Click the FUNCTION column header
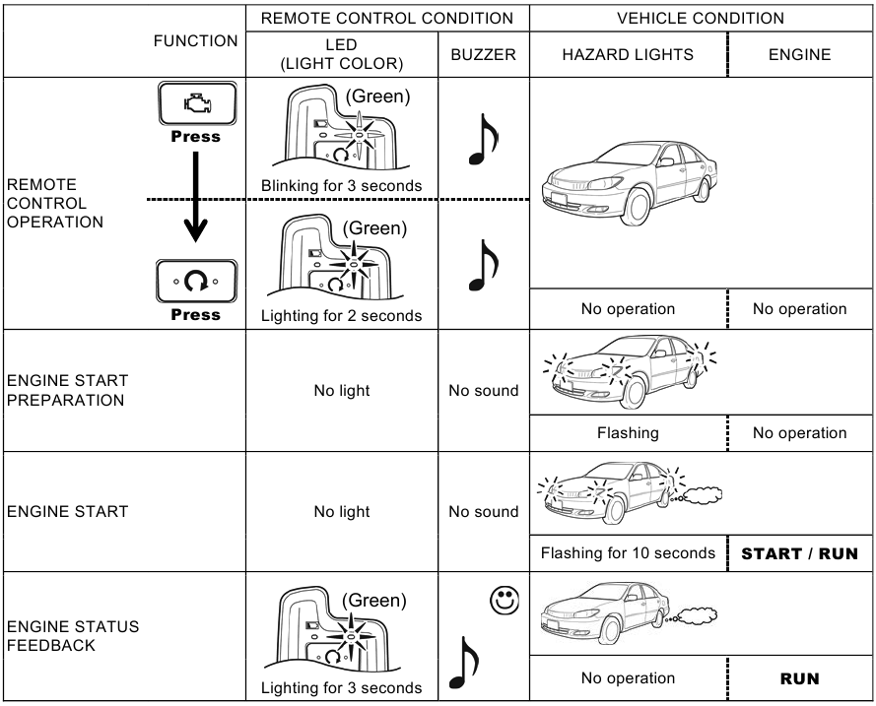(195, 41)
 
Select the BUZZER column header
(483, 55)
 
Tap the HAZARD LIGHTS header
(628, 55)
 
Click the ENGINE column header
(799, 55)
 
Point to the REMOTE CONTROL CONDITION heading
(386, 18)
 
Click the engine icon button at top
(196, 103)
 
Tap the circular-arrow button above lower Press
(196, 282)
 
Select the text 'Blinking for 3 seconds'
(341, 185)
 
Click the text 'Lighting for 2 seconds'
(341, 316)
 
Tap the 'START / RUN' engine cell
(799, 553)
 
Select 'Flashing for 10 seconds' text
(628, 553)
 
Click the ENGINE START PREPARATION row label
(67, 390)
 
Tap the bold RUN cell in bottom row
(799, 678)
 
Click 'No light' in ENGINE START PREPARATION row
(341, 391)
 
